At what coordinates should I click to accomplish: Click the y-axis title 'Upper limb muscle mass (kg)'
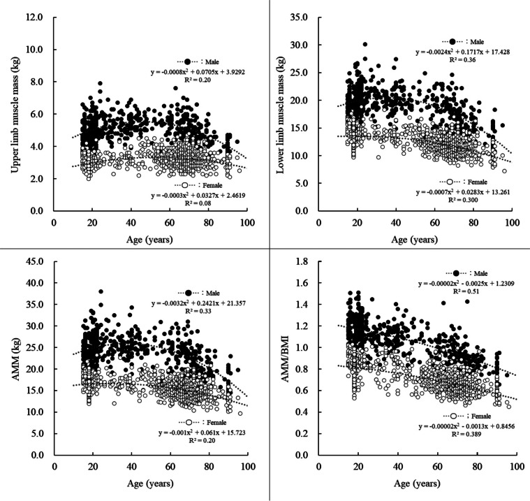click(9, 113)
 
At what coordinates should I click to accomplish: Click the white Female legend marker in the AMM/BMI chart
click(454, 416)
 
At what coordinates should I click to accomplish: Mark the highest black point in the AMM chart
click(101, 291)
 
